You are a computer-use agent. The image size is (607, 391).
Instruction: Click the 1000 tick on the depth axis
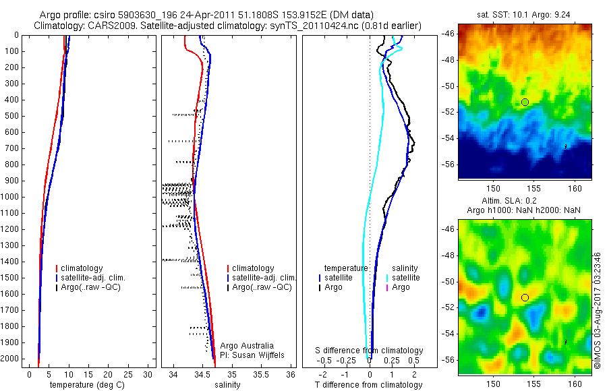tap(11, 197)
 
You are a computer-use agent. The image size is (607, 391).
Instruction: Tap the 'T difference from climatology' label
tap(368, 385)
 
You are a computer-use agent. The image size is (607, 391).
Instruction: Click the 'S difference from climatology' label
tap(369, 351)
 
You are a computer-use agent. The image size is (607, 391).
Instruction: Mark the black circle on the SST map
tap(525, 102)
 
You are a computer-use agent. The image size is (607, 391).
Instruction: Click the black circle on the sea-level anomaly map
tap(525, 297)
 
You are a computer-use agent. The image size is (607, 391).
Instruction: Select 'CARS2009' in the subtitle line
tap(102, 26)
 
